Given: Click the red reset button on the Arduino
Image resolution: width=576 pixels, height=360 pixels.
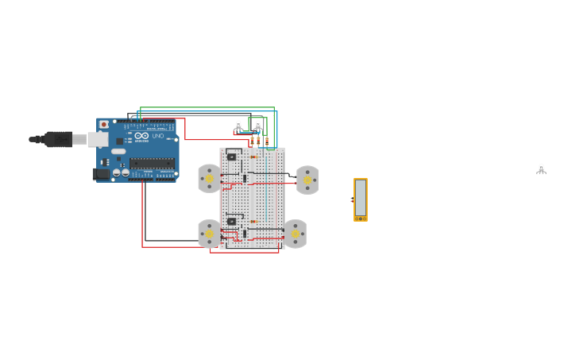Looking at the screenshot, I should tap(104, 125).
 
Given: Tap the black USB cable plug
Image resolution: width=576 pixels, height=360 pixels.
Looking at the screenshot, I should tap(57, 139).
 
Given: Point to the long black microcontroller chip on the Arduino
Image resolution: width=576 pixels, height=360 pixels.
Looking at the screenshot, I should tap(152, 163).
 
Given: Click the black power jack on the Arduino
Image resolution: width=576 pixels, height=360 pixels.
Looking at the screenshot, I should tap(101, 174).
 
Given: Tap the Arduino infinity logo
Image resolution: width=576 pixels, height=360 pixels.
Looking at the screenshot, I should tap(141, 136).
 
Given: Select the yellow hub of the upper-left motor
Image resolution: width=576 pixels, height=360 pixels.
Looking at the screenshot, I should tap(210, 179).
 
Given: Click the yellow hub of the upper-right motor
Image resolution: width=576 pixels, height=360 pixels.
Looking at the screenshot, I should tap(307, 180).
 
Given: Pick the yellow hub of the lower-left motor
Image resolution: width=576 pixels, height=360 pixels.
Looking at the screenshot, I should tap(210, 234).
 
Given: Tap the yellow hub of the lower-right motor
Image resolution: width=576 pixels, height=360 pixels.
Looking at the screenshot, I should tap(296, 234).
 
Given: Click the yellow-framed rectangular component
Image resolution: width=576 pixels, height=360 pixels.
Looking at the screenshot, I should tap(361, 199).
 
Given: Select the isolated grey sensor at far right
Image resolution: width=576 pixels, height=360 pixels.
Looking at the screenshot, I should tap(541, 168).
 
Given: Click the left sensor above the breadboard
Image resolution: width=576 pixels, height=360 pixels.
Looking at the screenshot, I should tap(238, 126).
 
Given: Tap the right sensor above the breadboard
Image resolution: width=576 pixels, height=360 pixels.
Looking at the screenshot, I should tap(257, 126).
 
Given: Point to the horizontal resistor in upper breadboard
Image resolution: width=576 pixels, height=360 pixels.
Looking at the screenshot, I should tap(254, 157).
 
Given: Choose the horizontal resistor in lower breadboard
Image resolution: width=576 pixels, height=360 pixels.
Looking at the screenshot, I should tap(254, 222).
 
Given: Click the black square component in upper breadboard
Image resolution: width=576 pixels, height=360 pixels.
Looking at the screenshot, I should tap(231, 157).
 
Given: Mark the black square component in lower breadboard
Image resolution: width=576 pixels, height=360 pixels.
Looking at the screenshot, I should tap(231, 221).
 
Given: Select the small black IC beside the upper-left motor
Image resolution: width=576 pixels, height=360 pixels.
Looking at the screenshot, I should tap(245, 178).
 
